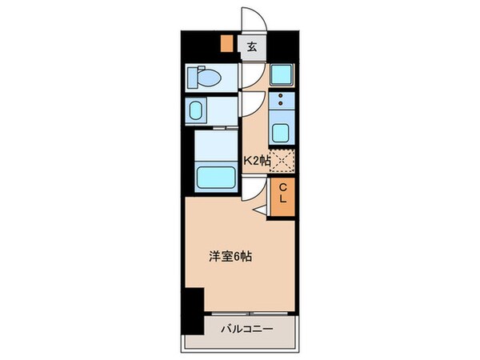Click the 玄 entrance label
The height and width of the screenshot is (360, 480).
(x=250, y=46)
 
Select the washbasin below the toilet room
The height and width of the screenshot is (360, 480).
(x=198, y=110)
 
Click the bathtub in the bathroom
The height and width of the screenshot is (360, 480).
(x=217, y=171)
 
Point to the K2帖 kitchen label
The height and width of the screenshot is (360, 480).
(x=256, y=159)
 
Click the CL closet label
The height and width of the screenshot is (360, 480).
(x=282, y=195)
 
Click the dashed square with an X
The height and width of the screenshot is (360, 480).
(x=282, y=160)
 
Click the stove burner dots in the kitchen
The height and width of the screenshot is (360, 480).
(x=282, y=102)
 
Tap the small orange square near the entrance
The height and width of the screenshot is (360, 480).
(x=227, y=46)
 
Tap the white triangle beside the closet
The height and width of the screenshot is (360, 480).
(x=262, y=210)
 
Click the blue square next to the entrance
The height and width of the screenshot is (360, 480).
(x=282, y=76)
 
